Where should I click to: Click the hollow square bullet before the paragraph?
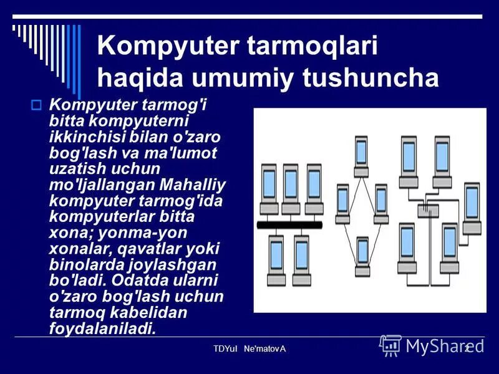tap(36, 105)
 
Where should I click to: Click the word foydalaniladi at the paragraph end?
tap(102, 328)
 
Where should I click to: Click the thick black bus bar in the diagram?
tap(289, 224)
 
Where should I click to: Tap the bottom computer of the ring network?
tap(362, 253)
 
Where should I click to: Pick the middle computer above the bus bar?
tap(290, 185)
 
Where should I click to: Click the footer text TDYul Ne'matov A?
tap(249, 348)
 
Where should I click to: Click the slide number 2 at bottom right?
tap(465, 348)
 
